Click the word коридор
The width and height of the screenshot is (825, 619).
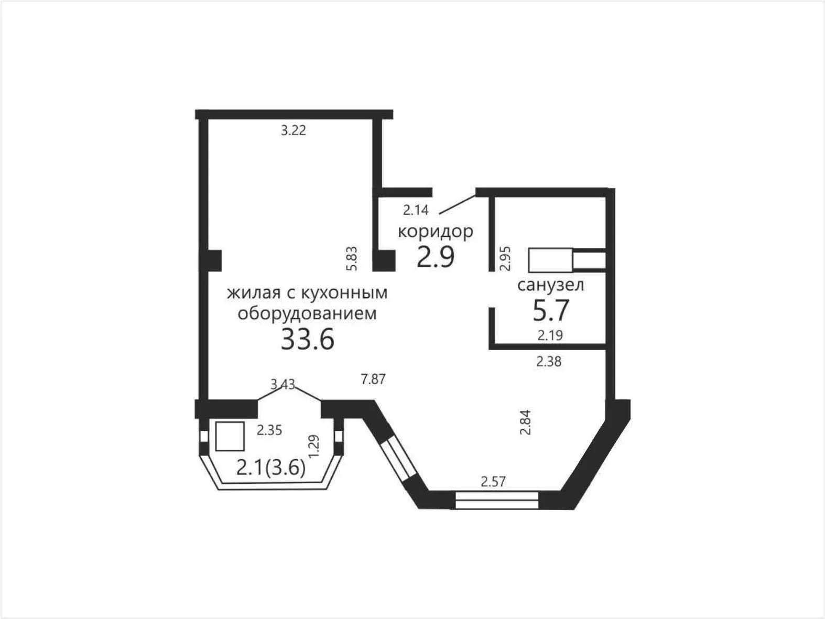(435, 232)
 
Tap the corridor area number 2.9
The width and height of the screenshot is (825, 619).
(436, 257)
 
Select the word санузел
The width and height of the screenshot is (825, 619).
(551, 285)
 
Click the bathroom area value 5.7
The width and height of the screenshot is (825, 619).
(551, 310)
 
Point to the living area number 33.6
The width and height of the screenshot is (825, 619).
(308, 339)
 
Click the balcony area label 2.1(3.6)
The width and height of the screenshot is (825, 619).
(271, 468)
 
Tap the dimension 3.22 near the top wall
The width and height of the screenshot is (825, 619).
(294, 131)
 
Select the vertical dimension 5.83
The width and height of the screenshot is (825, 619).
(352, 258)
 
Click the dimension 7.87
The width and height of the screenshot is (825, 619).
(373, 379)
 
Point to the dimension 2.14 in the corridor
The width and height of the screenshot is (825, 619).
(416, 210)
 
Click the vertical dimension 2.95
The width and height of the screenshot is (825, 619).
(505, 258)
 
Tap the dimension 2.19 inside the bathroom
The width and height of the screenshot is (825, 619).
(550, 335)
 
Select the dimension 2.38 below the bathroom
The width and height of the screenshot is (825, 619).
(549, 362)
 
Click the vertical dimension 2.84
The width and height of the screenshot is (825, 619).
(525, 422)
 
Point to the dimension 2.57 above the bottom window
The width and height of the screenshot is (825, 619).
(494, 482)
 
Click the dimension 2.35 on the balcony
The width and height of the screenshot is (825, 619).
(269, 430)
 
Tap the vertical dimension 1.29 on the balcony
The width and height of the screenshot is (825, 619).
(313, 446)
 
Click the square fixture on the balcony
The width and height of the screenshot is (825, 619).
(230, 436)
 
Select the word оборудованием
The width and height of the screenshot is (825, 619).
(307, 314)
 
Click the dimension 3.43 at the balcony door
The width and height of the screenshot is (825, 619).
(283, 384)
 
